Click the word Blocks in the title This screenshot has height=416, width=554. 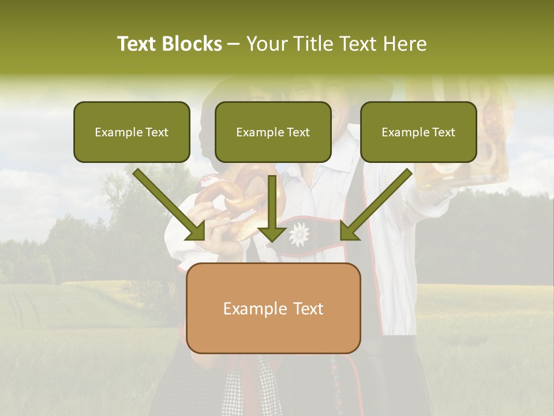click(192, 44)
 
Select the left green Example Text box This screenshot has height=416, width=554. click(132, 132)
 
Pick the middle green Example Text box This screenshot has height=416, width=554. click(273, 132)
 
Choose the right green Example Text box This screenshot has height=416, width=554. click(418, 132)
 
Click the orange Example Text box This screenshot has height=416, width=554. click(273, 308)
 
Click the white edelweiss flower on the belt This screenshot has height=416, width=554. click(298, 234)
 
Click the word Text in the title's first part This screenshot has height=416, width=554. click(137, 44)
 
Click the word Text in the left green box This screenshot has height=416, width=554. click(156, 132)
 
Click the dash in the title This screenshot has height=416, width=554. click(234, 44)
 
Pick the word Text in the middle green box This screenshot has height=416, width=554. click(298, 132)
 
